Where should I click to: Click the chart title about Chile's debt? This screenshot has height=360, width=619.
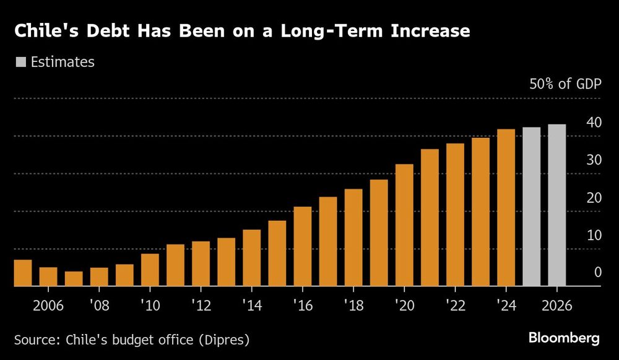click(241, 32)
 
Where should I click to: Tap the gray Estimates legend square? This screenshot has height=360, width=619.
click(21, 62)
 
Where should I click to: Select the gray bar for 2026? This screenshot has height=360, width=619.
click(556, 205)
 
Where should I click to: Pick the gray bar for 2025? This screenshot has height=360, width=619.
click(531, 207)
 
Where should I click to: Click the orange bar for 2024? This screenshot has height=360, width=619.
click(506, 208)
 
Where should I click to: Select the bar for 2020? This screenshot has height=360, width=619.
click(404, 225)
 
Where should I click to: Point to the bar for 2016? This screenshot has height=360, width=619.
click(303, 246)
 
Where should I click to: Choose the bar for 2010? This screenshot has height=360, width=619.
click(150, 270)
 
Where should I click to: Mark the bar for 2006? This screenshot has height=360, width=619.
click(48, 276)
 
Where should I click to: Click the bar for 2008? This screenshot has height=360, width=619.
click(99, 276)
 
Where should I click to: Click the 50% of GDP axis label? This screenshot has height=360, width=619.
click(565, 84)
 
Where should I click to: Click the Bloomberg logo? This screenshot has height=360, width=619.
click(564, 338)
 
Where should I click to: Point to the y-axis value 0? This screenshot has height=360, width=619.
click(597, 272)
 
